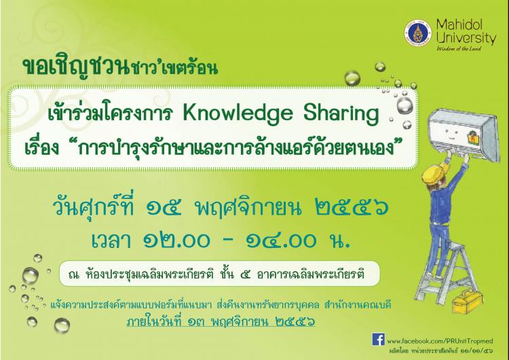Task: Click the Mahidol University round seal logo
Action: (418, 33)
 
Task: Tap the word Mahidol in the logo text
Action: (459, 24)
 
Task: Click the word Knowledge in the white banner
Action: (238, 114)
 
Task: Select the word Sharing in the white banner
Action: (341, 114)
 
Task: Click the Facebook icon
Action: (378, 339)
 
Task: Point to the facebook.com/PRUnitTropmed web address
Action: (440, 341)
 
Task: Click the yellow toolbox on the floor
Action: (468, 302)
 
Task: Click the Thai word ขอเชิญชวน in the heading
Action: (76, 68)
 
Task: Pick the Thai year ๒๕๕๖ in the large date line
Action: (352, 208)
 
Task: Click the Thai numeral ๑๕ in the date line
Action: (164, 208)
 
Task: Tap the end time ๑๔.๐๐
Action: (280, 240)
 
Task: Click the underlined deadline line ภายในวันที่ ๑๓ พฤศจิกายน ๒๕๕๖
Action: (221, 322)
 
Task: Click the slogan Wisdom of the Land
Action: (459, 49)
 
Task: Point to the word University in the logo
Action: (466, 37)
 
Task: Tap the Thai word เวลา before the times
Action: (111, 241)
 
